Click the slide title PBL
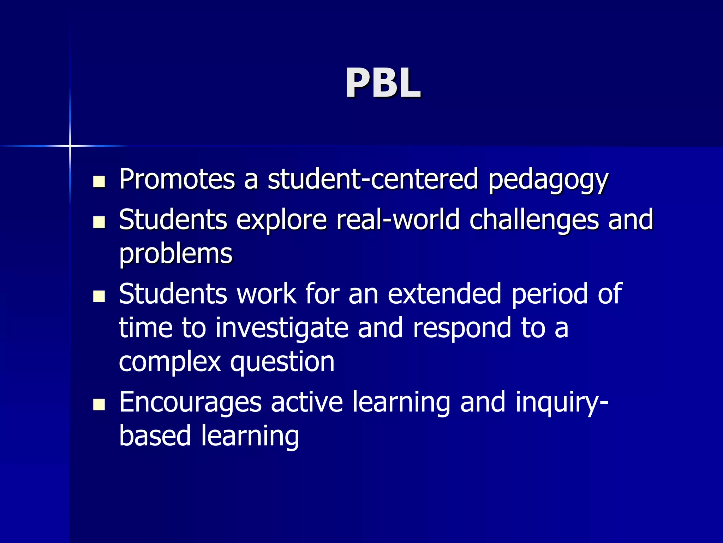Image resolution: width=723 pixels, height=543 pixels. (383, 83)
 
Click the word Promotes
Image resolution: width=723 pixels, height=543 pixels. (177, 179)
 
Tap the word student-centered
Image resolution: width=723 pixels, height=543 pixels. (373, 179)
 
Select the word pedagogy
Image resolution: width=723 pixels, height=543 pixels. (548, 181)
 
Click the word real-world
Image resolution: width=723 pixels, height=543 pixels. (398, 220)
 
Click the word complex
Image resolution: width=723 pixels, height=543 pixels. (170, 363)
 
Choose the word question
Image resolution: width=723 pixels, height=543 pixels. (282, 363)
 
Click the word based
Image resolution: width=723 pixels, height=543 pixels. (155, 436)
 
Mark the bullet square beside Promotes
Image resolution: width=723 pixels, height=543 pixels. (99, 182)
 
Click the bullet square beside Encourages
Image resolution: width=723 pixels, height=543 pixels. (99, 404)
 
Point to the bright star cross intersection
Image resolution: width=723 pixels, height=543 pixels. (70, 146)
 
